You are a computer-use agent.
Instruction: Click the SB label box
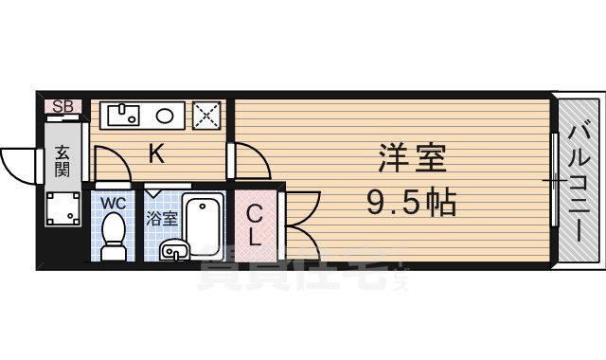point(63,106)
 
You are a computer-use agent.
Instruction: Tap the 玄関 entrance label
point(62,162)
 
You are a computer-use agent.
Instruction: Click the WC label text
point(113,204)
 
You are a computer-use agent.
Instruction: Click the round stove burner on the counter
point(164,117)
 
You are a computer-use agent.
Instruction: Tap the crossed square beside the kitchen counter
point(206,116)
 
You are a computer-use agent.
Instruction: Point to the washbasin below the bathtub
point(174,250)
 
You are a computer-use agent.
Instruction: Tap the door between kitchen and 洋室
point(248,160)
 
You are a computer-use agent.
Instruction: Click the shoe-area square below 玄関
point(62,208)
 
